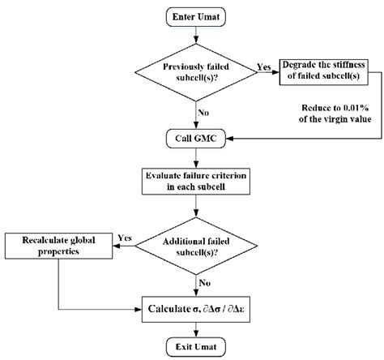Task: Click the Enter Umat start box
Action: pyautogui.click(x=195, y=16)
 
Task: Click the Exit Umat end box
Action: pyautogui.click(x=195, y=346)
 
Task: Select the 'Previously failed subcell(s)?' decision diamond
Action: pyautogui.click(x=195, y=72)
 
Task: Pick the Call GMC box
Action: pyautogui.click(x=195, y=138)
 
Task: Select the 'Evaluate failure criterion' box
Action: pyautogui.click(x=195, y=181)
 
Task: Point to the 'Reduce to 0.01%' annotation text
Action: pyautogui.click(x=333, y=110)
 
